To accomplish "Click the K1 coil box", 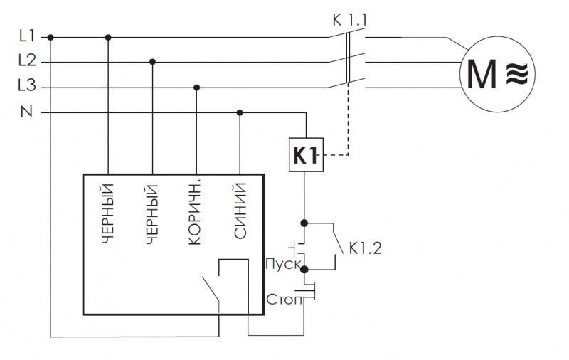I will click(305, 154).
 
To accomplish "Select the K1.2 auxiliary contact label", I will click(365, 250).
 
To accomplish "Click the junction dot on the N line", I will click(240, 112).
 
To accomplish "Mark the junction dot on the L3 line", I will click(197, 88).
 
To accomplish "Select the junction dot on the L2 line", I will click(152, 62).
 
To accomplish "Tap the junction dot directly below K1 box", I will click(305, 222).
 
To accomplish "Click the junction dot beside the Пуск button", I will click(305, 270).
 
